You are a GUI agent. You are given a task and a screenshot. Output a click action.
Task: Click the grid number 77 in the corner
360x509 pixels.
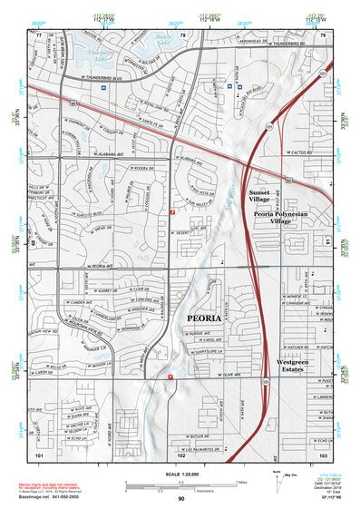[39, 34]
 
